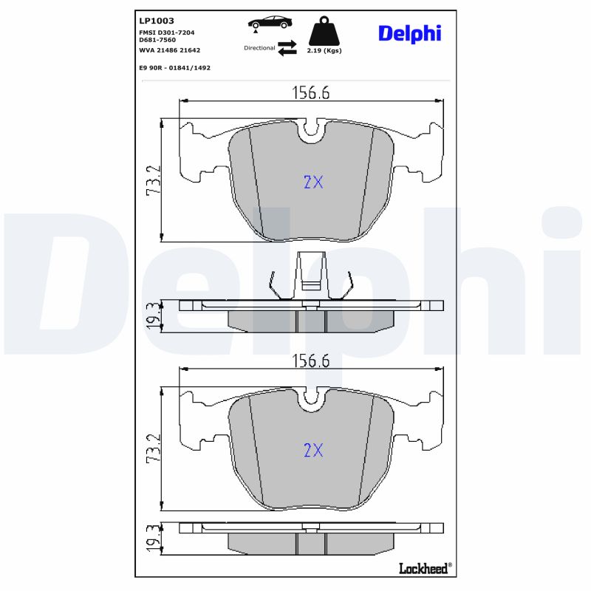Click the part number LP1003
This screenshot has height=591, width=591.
[156, 21]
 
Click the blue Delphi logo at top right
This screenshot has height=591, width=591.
[409, 33]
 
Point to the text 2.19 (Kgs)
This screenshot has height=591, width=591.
[324, 51]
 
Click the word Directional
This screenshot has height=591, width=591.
[259, 47]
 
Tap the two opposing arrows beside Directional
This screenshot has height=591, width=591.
[287, 47]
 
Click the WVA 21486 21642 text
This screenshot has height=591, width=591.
[169, 50]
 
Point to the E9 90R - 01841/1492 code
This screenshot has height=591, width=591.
[174, 67]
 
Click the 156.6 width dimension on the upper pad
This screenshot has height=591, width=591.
[311, 92]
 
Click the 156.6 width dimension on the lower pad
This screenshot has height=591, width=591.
[311, 361]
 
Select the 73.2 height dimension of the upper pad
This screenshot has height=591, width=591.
[153, 180]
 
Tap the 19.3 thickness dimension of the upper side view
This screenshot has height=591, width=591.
[153, 315]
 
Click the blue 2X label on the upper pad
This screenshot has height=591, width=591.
[313, 182]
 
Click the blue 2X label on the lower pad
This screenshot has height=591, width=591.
[313, 450]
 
